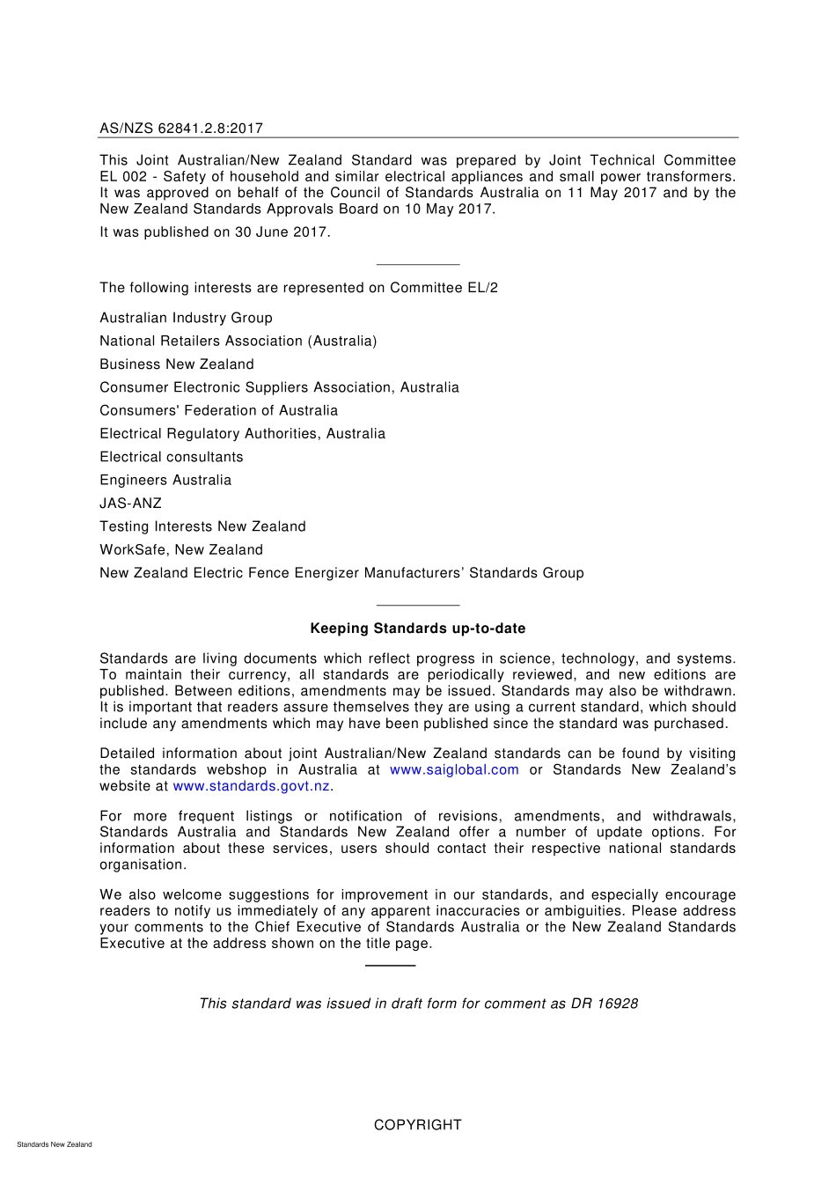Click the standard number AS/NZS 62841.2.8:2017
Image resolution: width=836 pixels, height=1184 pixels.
tap(181, 129)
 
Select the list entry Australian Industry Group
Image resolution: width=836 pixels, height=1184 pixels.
tap(186, 318)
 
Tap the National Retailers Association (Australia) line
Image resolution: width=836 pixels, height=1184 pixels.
tap(238, 341)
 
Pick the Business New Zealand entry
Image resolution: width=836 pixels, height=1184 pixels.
tap(176, 364)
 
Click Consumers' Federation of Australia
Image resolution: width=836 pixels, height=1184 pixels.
tap(218, 410)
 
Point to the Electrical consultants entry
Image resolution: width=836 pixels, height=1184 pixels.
tap(171, 457)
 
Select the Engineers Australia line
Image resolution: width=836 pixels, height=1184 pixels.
tap(165, 480)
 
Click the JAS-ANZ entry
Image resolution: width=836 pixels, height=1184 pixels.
tap(130, 504)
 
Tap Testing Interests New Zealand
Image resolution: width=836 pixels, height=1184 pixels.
tap(202, 526)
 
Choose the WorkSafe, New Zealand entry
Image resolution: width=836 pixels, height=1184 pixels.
tap(180, 549)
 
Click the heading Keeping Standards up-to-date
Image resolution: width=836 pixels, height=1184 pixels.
tap(417, 629)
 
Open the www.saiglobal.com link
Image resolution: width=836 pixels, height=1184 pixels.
tap(454, 770)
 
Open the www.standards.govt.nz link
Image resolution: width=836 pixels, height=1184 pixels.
tap(251, 786)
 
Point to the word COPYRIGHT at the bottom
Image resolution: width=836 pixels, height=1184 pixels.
tap(417, 1125)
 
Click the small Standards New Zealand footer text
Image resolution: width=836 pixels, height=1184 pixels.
tap(54, 1144)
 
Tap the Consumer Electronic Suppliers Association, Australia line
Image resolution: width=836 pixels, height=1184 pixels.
tap(279, 387)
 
